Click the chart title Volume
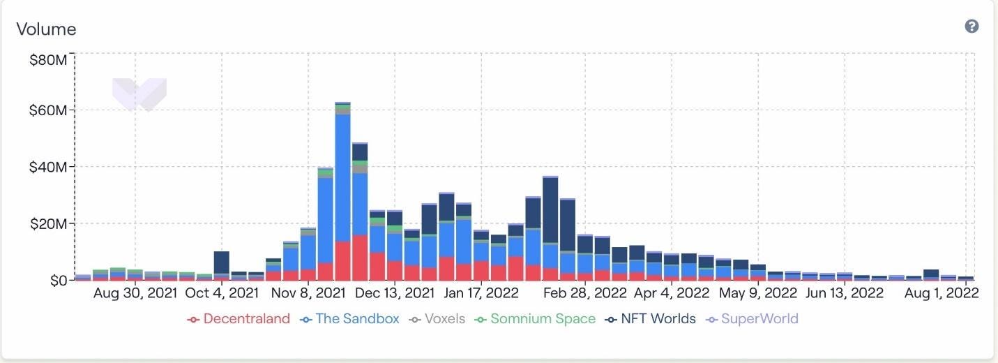(46, 29)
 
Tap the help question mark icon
(971, 27)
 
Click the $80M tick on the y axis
(48, 60)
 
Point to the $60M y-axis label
(48, 110)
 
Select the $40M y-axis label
(48, 168)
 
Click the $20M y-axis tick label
(48, 224)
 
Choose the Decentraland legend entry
(239, 319)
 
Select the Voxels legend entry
(437, 319)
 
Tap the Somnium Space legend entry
(535, 319)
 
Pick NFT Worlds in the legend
(651, 319)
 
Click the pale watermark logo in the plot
(139, 94)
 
